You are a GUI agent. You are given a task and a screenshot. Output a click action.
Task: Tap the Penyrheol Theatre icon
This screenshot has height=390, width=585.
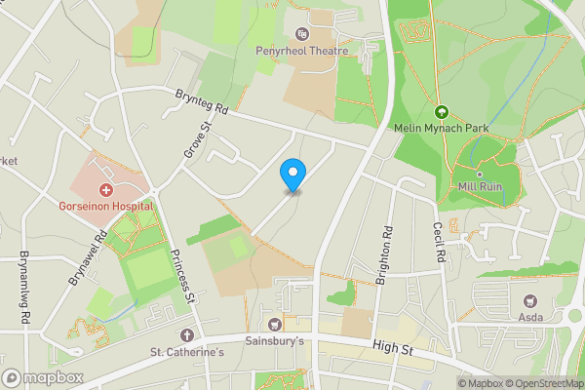(x=301, y=34)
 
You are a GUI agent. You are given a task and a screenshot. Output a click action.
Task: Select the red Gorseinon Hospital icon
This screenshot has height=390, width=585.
(x=105, y=188)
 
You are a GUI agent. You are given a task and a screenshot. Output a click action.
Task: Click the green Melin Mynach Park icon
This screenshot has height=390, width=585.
(x=441, y=111)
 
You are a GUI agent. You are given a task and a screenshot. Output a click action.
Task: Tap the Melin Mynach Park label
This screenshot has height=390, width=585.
(x=441, y=128)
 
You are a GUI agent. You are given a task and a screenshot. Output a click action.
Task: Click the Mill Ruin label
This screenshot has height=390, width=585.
(x=480, y=186)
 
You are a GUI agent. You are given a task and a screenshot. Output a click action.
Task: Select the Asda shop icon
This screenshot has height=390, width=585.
(x=530, y=301)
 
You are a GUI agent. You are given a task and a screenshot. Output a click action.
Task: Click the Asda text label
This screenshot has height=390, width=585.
(x=530, y=319)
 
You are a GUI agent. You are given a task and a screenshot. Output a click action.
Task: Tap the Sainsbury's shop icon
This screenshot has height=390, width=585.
(x=273, y=325)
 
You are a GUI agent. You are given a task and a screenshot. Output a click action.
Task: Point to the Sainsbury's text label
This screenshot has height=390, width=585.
(x=273, y=342)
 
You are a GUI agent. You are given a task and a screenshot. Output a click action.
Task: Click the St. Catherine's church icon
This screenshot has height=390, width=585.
(x=186, y=334)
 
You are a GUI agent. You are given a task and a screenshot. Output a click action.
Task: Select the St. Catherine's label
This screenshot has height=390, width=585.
(x=186, y=352)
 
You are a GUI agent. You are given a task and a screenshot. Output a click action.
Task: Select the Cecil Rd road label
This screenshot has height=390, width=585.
(x=440, y=240)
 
